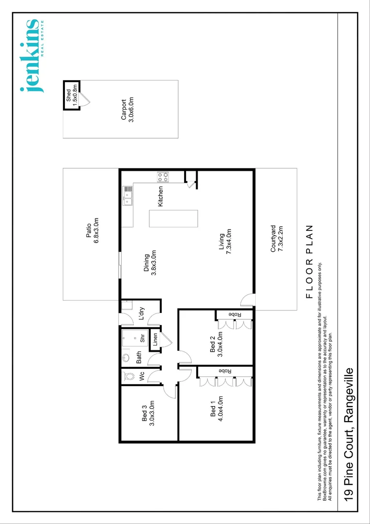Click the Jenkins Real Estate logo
pyautogui.click(x=32, y=55)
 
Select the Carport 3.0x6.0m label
pyautogui.click(x=127, y=110)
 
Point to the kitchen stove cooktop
pyautogui.click(x=162, y=177)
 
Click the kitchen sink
pyautogui.click(x=128, y=196)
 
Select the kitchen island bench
pyautogui.click(x=174, y=218)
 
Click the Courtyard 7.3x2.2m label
pyautogui.click(x=276, y=239)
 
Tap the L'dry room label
pyautogui.click(x=142, y=313)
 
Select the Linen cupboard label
pyautogui.click(x=155, y=339)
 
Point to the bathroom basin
pyautogui.click(x=126, y=358)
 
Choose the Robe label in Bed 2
pyautogui.click(x=235, y=314)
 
